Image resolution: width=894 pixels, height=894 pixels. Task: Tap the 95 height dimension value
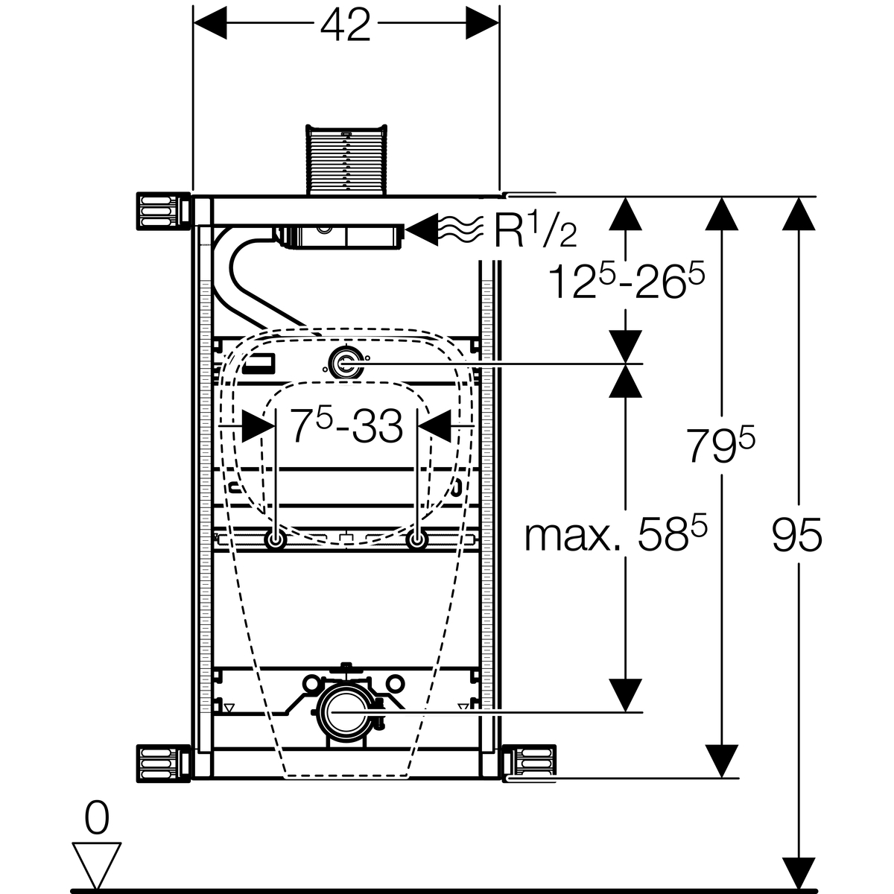pos(796,535)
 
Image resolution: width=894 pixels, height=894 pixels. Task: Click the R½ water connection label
pos(535,232)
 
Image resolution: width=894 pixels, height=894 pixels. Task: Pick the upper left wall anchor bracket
pos(158,210)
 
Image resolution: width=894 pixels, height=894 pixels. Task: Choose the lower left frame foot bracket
pos(158,764)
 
